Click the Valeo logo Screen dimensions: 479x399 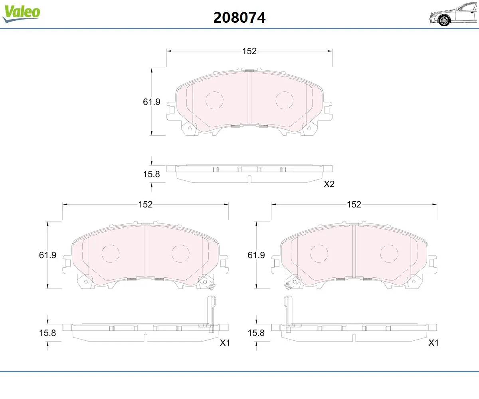click(x=21, y=14)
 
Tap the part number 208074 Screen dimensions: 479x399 click(x=239, y=18)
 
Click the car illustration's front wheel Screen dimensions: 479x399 click(x=444, y=20)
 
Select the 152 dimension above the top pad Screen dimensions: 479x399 click(x=249, y=51)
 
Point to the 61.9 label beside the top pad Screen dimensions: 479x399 click(x=151, y=102)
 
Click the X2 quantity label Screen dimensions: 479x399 click(x=329, y=184)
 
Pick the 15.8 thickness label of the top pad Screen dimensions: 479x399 click(x=151, y=174)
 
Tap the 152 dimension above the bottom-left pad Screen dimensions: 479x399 click(x=145, y=204)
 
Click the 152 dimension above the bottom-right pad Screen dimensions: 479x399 click(x=354, y=204)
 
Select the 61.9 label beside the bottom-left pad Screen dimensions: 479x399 click(x=48, y=255)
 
